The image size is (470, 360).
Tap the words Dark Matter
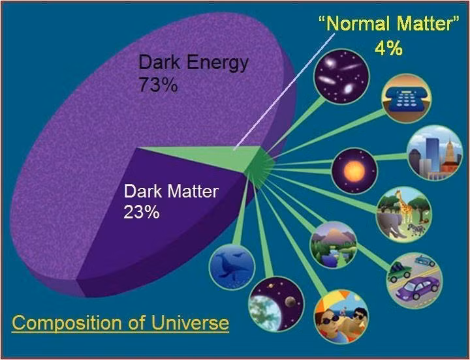click(x=172, y=192)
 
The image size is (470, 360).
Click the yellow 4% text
click(x=388, y=48)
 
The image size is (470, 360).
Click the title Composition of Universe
click(x=121, y=322)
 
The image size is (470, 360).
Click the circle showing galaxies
click(x=341, y=76)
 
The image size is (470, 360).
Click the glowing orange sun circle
click(x=354, y=171)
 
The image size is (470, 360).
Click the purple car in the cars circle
click(x=418, y=288)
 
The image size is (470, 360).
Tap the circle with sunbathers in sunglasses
click(x=340, y=317)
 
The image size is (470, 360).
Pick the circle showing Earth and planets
click(x=276, y=303)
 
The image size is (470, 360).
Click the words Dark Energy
click(x=193, y=63)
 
